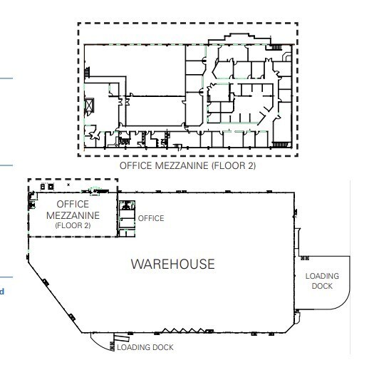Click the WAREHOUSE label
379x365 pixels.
tap(172, 264)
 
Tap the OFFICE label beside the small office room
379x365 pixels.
tap(150, 218)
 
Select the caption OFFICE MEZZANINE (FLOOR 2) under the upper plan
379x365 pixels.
tap(189, 166)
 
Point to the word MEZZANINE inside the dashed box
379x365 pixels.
tap(72, 215)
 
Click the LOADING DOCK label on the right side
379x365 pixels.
tap(322, 280)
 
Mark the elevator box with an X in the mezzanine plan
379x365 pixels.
tap(89, 106)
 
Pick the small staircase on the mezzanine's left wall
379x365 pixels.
tap(88, 72)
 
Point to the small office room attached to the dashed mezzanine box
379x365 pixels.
tap(126, 217)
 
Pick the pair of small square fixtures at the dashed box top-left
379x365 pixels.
tap(45, 186)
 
